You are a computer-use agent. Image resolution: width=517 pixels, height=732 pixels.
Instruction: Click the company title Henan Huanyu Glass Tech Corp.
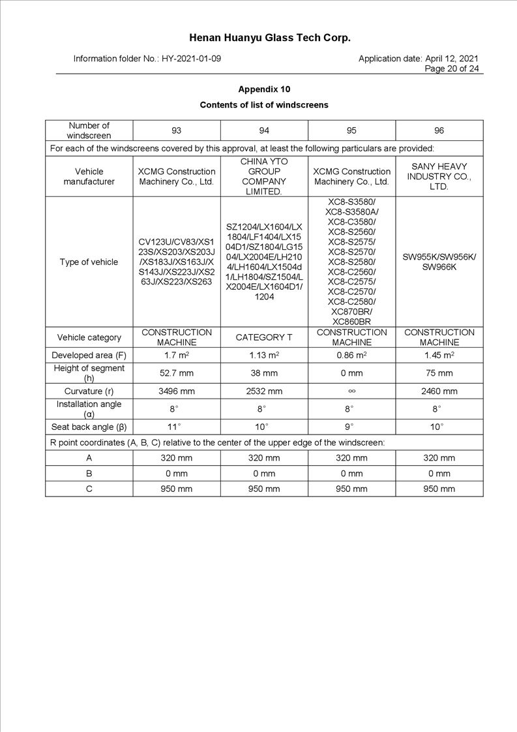(269, 38)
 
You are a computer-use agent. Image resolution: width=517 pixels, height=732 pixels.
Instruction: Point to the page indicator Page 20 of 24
(451, 69)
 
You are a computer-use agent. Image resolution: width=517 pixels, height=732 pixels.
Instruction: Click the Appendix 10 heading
(264, 89)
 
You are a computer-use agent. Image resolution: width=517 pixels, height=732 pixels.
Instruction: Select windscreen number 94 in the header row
(264, 130)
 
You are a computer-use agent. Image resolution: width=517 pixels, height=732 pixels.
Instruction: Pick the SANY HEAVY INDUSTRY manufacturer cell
(439, 176)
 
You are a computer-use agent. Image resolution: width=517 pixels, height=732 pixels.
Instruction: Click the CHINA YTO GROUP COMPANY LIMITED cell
(264, 176)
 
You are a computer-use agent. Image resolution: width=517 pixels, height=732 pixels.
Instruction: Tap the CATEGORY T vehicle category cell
(264, 337)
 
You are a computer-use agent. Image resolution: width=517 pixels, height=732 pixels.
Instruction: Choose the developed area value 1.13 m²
(264, 355)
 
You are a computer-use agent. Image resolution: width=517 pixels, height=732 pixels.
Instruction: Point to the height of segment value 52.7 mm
(177, 373)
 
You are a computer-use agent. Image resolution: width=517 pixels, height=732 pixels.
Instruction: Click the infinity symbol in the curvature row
(351, 391)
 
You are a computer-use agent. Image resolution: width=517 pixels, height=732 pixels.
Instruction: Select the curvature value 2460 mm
(439, 391)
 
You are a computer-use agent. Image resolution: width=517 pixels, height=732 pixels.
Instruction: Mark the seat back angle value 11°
(177, 427)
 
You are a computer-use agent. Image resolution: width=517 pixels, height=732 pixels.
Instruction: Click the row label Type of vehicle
(89, 262)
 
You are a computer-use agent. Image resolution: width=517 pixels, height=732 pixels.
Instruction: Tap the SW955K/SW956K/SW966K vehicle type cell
(439, 262)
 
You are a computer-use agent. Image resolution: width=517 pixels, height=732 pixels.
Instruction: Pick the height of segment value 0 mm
(351, 373)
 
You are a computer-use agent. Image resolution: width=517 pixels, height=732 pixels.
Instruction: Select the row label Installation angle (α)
(89, 409)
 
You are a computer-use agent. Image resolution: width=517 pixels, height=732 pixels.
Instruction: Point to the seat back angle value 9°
(351, 427)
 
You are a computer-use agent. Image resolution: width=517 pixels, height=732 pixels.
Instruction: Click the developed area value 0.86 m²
(351, 355)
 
